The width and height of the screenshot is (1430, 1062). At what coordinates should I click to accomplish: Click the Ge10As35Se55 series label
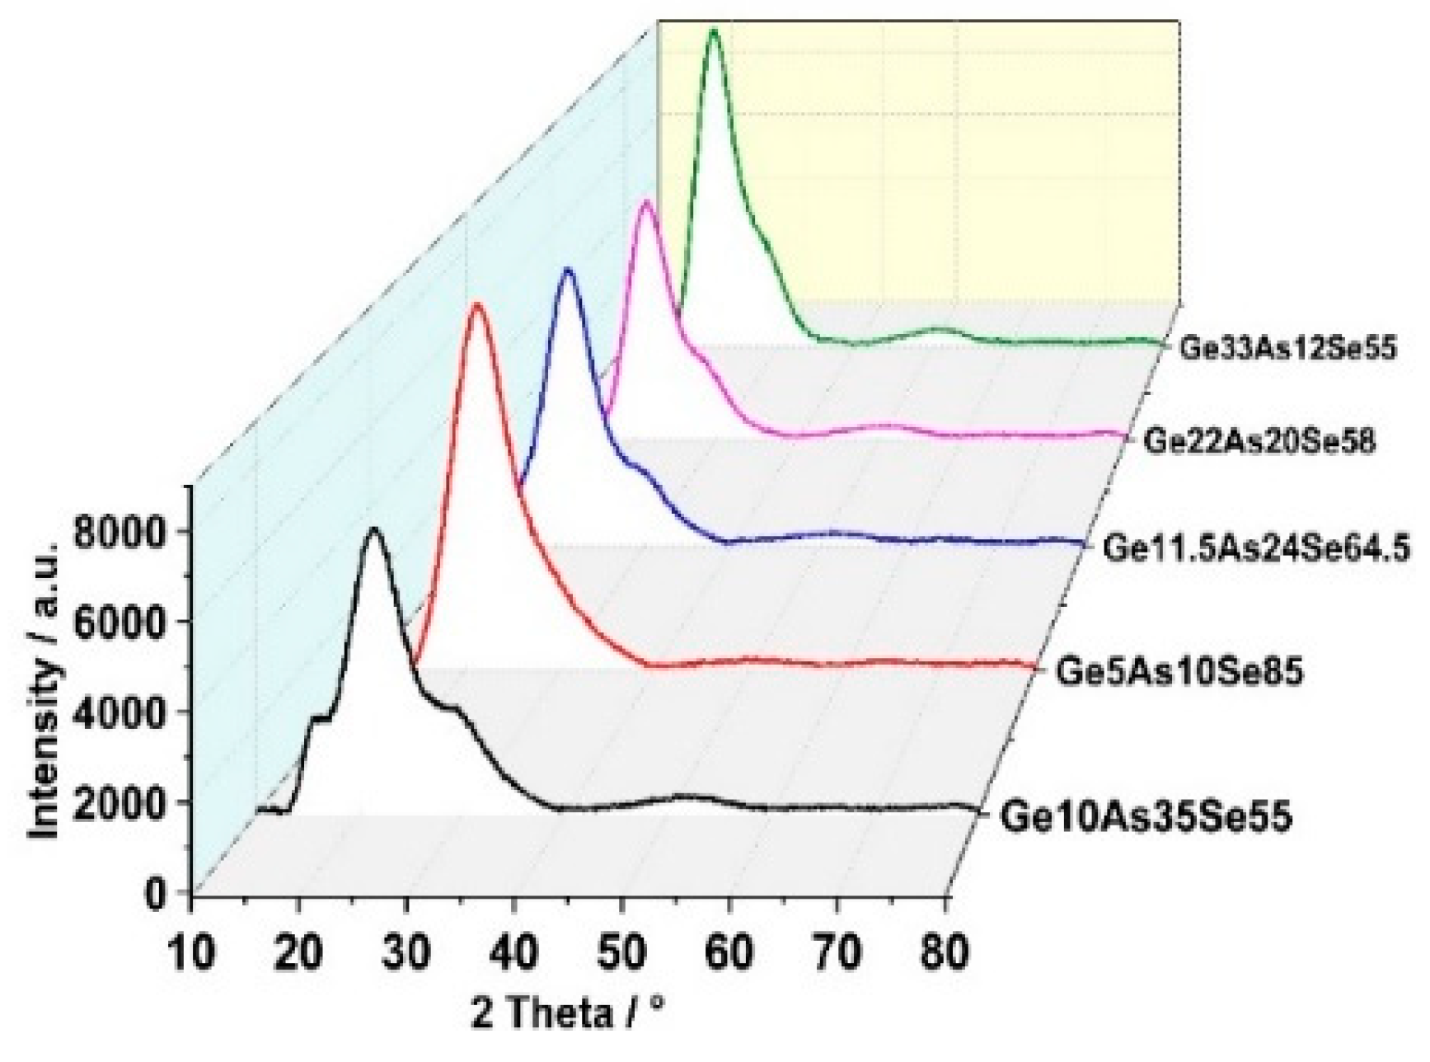click(1146, 818)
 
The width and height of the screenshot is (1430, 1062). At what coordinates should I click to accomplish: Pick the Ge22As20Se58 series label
click(1259, 442)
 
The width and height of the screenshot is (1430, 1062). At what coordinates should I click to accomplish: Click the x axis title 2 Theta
click(568, 1013)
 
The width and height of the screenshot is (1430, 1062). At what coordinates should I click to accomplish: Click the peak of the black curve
click(375, 529)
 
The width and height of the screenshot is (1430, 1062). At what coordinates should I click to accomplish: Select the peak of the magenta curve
click(646, 201)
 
